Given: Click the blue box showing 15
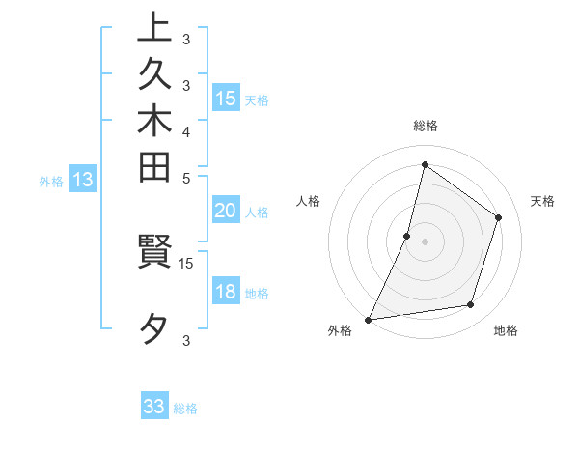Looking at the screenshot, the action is [x=226, y=98].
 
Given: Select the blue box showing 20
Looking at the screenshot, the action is [x=226, y=212].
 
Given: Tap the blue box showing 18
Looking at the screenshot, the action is [x=226, y=293].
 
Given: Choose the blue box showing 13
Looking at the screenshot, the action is [x=84, y=179].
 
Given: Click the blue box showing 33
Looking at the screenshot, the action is [x=154, y=407].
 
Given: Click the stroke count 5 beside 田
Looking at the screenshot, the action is [x=186, y=178].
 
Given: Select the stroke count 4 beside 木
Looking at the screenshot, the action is [x=186, y=131].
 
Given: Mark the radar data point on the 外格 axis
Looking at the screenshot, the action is [x=369, y=319].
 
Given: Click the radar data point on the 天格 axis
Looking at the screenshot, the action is [x=499, y=217].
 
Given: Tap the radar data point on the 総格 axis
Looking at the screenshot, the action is [x=425, y=164].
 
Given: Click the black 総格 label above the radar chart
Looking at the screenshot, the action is [x=426, y=127].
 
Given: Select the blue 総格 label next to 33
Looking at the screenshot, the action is [x=185, y=409].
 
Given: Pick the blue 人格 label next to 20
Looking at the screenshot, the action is [x=257, y=213].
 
